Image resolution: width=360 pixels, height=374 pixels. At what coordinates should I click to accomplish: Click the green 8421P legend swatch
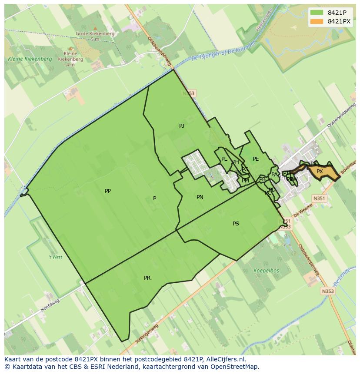click(x=317, y=13)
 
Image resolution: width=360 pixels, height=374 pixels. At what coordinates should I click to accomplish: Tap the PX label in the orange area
click(x=320, y=172)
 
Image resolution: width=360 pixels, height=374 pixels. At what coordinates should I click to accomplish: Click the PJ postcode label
click(x=182, y=126)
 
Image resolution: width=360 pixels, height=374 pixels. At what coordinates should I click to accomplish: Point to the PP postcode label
click(x=108, y=191)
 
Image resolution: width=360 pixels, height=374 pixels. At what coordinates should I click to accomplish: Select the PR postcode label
click(x=147, y=278)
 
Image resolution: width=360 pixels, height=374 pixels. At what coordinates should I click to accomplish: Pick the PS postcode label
click(x=236, y=224)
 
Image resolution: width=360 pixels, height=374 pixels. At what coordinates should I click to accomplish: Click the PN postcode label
click(x=200, y=197)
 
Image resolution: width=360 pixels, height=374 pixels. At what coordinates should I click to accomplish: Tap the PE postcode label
click(x=256, y=159)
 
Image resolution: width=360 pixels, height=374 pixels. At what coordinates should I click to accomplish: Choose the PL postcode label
click(x=224, y=159)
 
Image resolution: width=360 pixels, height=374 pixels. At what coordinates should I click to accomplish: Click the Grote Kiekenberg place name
click(x=95, y=33)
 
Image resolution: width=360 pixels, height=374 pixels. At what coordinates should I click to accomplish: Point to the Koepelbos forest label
click(x=266, y=271)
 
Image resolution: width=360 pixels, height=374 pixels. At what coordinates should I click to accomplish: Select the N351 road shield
click(x=319, y=199)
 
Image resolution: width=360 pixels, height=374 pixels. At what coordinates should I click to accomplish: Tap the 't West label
click(x=55, y=257)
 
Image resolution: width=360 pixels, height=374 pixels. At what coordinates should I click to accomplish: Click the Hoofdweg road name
click(x=50, y=305)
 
